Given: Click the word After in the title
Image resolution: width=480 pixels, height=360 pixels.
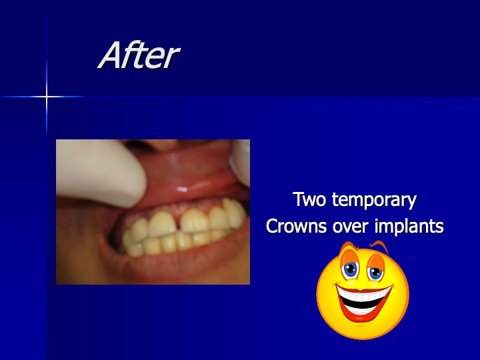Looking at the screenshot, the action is [x=139, y=55].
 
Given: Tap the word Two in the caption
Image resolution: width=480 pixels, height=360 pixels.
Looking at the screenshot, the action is [x=309, y=199].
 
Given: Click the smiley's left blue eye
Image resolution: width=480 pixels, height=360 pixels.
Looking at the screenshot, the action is [x=350, y=270].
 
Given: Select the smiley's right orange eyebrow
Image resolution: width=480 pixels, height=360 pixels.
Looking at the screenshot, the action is [x=379, y=245].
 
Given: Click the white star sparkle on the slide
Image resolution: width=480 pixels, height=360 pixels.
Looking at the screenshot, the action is [x=47, y=97].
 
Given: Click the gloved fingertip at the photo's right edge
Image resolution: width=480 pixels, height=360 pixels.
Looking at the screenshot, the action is [x=241, y=161].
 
